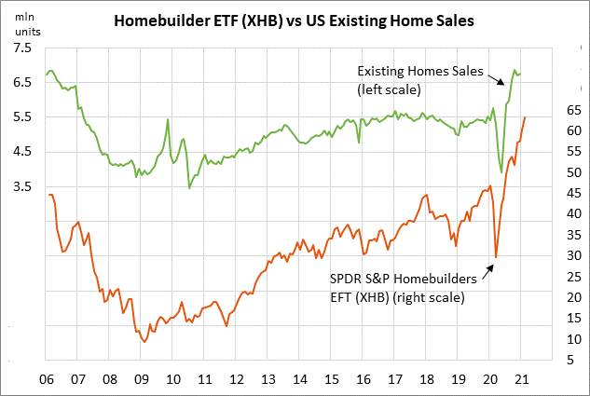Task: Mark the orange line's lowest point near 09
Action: point(144,342)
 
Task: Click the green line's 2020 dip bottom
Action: point(501,172)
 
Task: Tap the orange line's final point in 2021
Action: point(525,117)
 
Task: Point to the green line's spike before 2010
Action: point(167,119)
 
